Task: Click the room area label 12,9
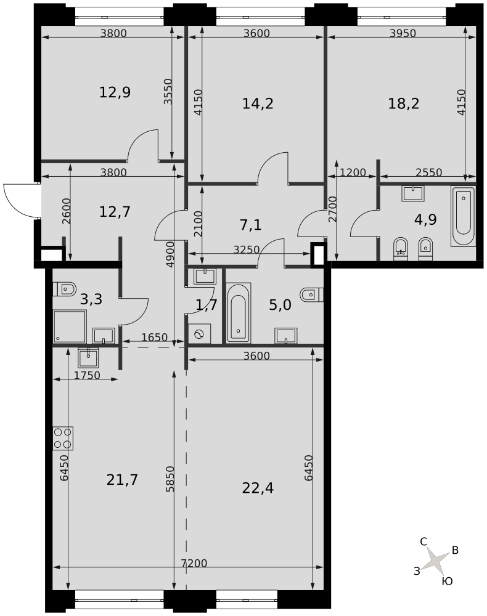pyautogui.click(x=115, y=93)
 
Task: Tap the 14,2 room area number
pyautogui.click(x=258, y=103)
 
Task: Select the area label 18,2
pyautogui.click(x=404, y=103)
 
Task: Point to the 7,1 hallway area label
pyautogui.click(x=250, y=225)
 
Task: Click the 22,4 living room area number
pyautogui.click(x=258, y=488)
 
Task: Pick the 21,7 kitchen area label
pyautogui.click(x=122, y=480)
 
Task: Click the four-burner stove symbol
pyautogui.click(x=63, y=439)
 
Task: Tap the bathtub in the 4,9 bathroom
pyautogui.click(x=463, y=216)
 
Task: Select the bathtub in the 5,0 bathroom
pyautogui.click(x=239, y=312)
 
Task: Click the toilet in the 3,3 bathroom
pyautogui.click(x=64, y=290)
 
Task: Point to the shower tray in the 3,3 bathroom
pyautogui.click(x=70, y=326)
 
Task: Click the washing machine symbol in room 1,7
pyautogui.click(x=199, y=334)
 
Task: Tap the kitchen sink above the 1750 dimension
pyautogui.click(x=89, y=357)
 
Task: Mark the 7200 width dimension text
pyautogui.click(x=194, y=564)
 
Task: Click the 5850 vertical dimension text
pyautogui.click(x=170, y=479)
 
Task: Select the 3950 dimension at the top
pyautogui.click(x=403, y=33)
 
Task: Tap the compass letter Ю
pyautogui.click(x=448, y=582)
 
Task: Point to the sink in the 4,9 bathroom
pyautogui.click(x=412, y=194)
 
